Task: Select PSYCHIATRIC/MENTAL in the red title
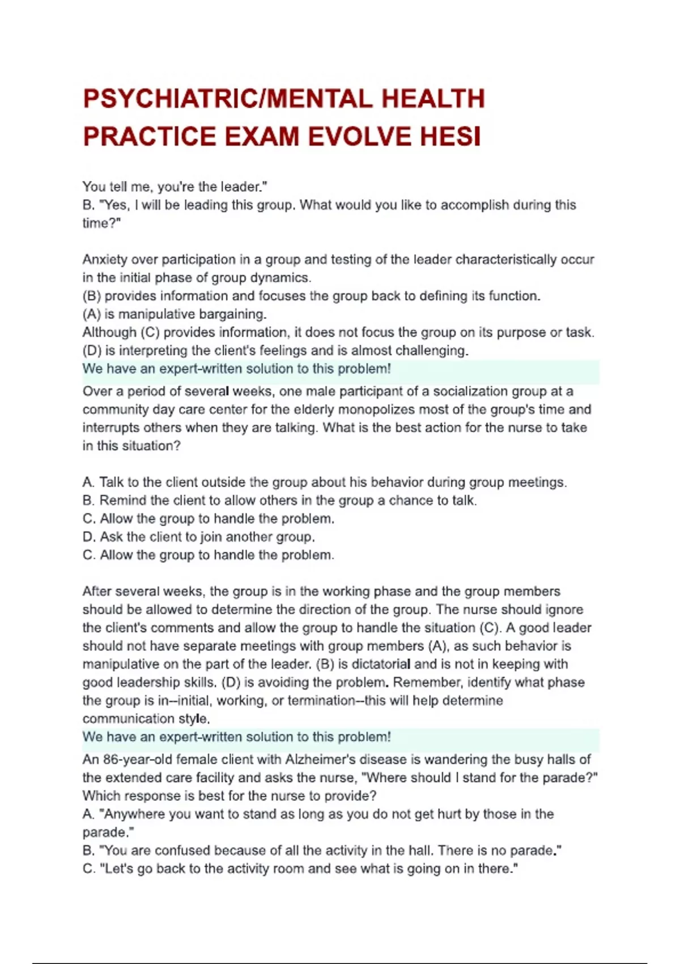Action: (x=227, y=99)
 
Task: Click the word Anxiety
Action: (x=104, y=260)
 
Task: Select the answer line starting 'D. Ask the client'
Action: (x=198, y=536)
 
